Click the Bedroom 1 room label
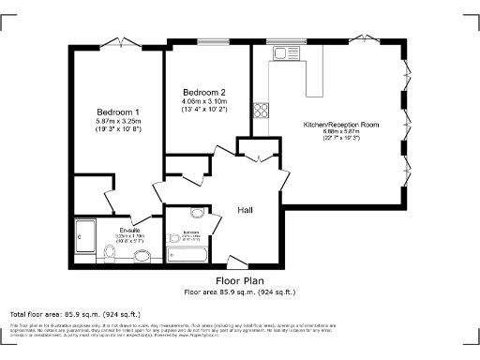point(117,111)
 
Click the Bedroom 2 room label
point(204,92)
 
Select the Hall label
point(246,210)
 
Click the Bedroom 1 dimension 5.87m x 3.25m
point(117,121)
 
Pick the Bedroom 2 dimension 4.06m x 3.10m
point(204,102)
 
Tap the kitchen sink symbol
point(279,55)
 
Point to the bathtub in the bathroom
point(191,254)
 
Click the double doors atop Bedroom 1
point(121,42)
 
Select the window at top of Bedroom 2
point(209,41)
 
